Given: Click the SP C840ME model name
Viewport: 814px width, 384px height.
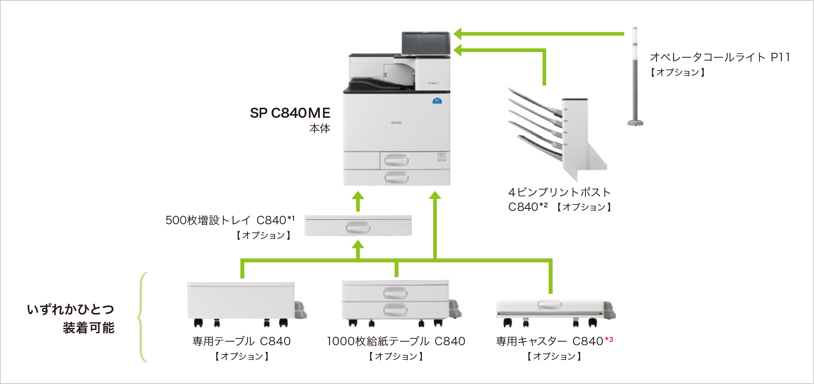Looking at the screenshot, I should (290, 113).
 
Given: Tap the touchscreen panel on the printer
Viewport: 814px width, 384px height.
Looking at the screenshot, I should (426, 43).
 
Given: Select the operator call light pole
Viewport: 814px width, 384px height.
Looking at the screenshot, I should (635, 77).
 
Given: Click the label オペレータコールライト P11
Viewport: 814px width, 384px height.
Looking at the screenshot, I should (720, 57).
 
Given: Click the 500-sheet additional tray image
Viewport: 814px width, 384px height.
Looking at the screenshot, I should (358, 225).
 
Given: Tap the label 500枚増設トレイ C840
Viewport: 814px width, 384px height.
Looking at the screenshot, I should (230, 220).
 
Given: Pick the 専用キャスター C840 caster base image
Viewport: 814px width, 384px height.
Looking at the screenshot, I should (553, 311).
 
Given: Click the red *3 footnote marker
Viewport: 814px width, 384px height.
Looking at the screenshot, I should (609, 340).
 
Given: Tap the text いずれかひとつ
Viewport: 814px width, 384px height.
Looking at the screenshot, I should (71, 309).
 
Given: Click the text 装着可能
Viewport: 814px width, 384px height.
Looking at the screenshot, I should (88, 328).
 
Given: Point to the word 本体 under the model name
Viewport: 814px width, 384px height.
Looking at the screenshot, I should (320, 129).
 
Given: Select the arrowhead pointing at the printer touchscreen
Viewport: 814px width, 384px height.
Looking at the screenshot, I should (458, 34).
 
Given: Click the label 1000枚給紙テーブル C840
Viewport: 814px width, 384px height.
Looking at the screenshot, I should (396, 341).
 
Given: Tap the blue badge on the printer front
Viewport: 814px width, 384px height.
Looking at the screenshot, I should (437, 100).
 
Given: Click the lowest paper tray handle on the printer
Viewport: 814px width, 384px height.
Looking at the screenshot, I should (397, 177).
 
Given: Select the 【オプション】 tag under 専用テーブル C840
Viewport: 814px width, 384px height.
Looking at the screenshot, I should (241, 356).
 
